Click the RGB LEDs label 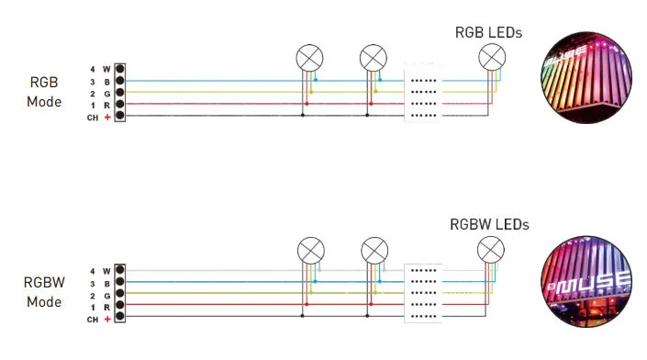488,33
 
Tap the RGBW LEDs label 489,225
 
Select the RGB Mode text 44,92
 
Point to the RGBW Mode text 44,292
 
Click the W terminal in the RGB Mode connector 119,69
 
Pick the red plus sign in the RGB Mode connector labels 107,118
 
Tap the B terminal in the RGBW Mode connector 119,282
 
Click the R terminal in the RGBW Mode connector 119,305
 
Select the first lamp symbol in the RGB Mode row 309,58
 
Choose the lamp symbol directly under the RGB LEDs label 492,57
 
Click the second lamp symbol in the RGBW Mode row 374,251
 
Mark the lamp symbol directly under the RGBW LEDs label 491,250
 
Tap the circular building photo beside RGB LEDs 586,78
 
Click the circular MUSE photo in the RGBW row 586,282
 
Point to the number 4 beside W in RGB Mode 93,69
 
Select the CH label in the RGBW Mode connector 93,320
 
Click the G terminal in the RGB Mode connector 119,92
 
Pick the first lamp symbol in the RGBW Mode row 311,251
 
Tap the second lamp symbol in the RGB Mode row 373,58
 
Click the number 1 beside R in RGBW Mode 93,308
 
